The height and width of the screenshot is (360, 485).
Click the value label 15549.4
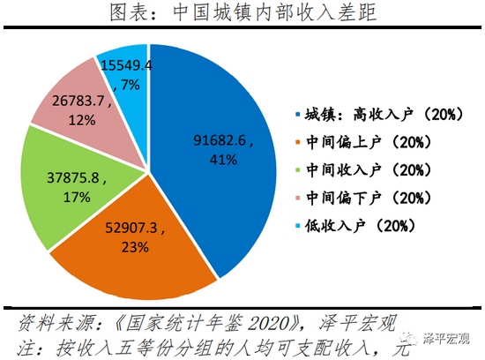[x=126, y=65]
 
